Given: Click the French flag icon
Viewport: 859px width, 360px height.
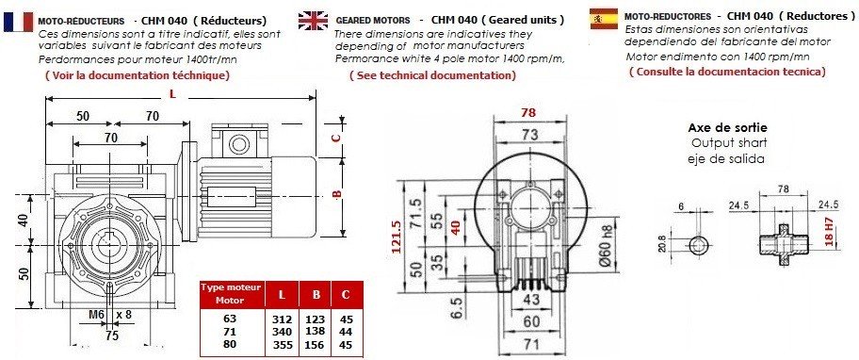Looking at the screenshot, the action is tap(18, 21).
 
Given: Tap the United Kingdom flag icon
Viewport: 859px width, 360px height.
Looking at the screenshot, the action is tap(313, 20).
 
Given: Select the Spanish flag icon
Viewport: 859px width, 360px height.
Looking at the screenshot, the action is tap(603, 19).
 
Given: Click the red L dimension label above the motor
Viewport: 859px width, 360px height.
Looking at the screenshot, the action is tap(172, 94).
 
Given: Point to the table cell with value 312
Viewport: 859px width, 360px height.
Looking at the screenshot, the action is tap(282, 319).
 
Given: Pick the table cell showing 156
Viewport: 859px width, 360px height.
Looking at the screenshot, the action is tap(316, 345).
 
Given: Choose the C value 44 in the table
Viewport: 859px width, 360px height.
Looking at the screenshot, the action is tap(345, 332).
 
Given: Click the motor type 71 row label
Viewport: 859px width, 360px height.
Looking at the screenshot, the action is tap(229, 332).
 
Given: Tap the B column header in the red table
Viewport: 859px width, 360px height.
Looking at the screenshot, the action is tap(316, 295).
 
